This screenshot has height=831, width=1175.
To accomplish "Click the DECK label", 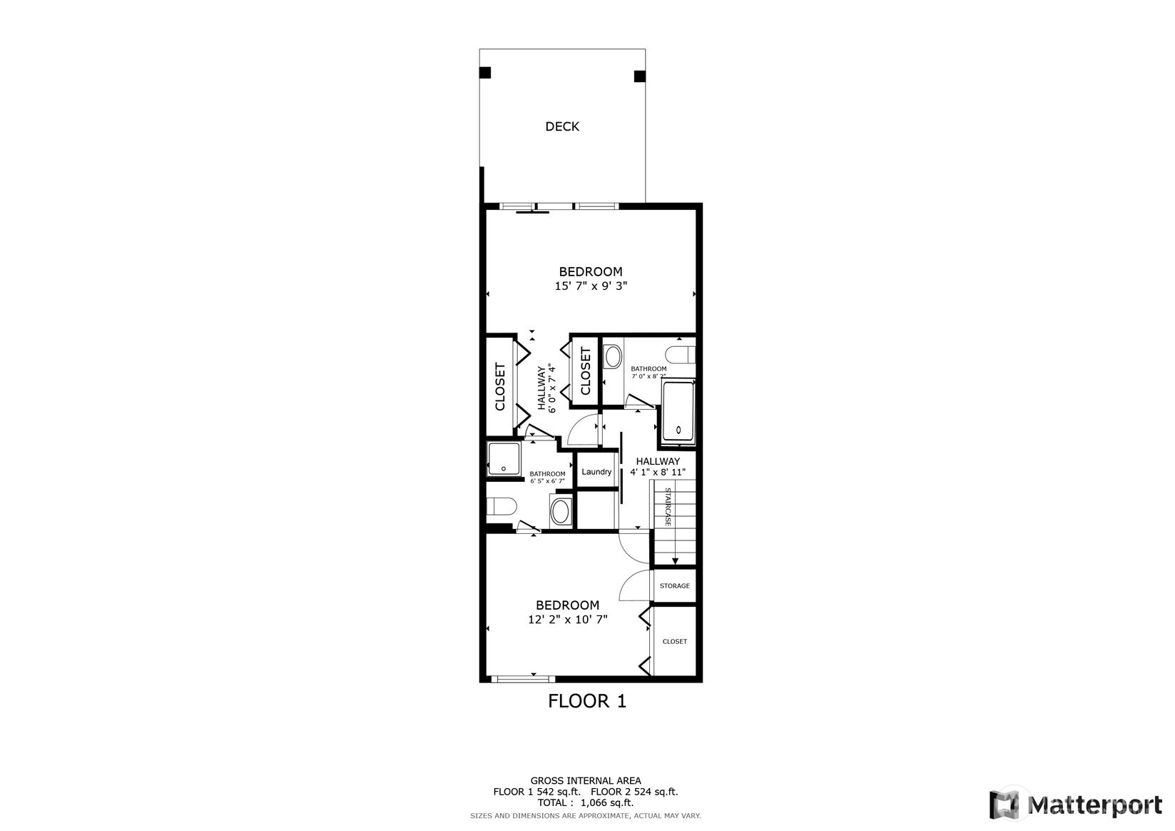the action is click(561, 126).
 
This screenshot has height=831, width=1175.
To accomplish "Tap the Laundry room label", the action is click(596, 472).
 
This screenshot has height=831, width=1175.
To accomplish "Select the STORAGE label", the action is click(675, 586).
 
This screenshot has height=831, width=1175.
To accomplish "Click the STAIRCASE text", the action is click(668, 507).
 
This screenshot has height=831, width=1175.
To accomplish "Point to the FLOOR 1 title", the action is click(587, 701).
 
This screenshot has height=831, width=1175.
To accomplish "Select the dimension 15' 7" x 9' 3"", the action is click(591, 286).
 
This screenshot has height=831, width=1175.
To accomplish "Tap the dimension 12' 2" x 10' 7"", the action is click(568, 620).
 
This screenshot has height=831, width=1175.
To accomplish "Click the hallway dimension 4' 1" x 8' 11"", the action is click(658, 472).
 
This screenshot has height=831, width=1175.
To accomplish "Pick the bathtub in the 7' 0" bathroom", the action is click(678, 412).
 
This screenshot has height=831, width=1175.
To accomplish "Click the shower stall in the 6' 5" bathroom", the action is click(504, 459).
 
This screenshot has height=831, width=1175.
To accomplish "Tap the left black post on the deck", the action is click(485, 72).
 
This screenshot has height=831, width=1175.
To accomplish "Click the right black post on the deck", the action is click(639, 76).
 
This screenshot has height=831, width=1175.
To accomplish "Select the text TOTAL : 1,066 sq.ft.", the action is click(586, 802).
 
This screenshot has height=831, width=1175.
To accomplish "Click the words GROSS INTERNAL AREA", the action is click(586, 780).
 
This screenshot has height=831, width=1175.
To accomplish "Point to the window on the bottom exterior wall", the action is click(523, 679).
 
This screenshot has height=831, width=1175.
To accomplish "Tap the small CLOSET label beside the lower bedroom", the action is click(675, 642).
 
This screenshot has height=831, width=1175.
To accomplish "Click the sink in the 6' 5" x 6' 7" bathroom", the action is click(561, 510).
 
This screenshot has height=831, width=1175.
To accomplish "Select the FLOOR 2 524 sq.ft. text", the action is click(634, 792).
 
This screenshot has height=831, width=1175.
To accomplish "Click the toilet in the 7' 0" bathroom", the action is click(681, 354).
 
